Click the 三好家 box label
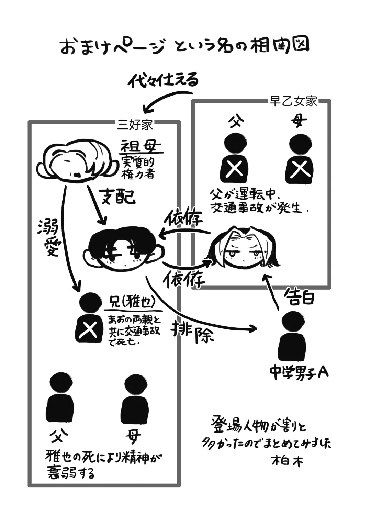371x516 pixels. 135,124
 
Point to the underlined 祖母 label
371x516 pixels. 140,147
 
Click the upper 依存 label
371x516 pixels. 183,217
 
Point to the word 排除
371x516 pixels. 193,333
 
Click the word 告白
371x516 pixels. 299,297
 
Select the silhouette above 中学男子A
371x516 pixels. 292,337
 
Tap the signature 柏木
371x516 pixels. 288,461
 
